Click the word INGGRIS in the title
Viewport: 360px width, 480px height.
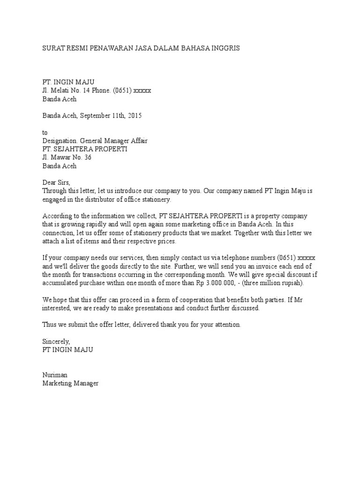coord(225,48)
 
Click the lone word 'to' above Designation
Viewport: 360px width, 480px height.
coord(45,133)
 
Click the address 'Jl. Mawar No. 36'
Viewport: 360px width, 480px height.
coord(67,157)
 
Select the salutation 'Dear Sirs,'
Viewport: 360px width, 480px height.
coord(56,183)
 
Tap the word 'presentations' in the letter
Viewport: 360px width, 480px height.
coord(170,308)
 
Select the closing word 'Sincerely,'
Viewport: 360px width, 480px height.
coord(56,342)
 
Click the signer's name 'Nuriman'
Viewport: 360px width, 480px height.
coord(54,375)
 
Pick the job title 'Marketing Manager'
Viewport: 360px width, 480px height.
coord(71,383)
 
